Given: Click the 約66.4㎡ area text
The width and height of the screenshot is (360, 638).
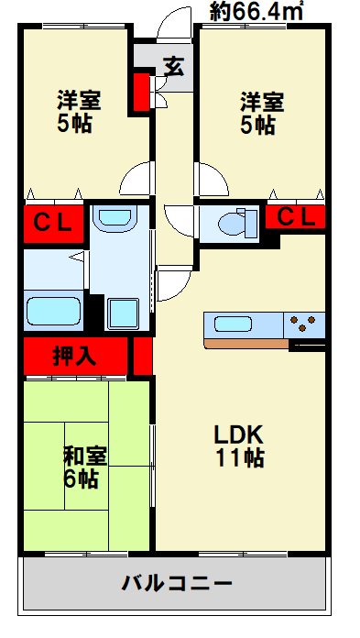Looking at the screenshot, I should point(256,11).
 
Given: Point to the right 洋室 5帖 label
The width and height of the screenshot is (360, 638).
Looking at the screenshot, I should point(257,111).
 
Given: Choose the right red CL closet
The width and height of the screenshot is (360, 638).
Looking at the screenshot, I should point(295,217).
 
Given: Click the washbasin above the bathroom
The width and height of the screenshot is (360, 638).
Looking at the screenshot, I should point(115,219).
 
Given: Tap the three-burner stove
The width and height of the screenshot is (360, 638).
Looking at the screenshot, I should point(304,324).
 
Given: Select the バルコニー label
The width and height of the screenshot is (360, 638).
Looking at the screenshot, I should point(176,584).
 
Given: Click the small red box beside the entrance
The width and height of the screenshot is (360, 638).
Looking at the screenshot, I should point(141,91).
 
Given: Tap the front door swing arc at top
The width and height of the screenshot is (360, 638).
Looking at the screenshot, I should point(170,23).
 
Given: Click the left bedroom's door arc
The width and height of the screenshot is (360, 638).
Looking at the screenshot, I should point(136,177).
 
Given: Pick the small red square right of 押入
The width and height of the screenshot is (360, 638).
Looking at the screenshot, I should point(141,357).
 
